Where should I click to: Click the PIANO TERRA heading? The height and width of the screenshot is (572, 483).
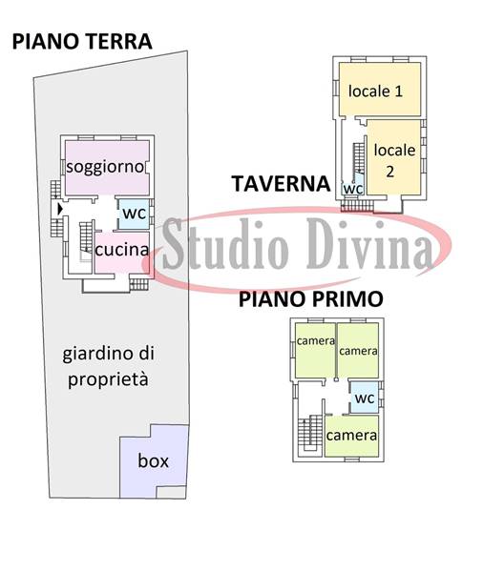pyautogui.click(x=82, y=41)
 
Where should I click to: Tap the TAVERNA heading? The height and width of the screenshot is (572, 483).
pyautogui.click(x=281, y=183)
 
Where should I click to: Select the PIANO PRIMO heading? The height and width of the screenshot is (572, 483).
pyautogui.click(x=311, y=299)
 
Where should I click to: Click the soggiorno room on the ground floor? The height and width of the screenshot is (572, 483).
pyautogui.click(x=107, y=168)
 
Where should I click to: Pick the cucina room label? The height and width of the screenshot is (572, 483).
pyautogui.click(x=122, y=250)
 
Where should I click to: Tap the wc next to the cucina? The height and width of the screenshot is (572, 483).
pyautogui.click(x=134, y=214)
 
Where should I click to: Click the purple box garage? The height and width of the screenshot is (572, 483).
pyautogui.click(x=154, y=461)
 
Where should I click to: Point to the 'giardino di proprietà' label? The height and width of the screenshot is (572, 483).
pyautogui.click(x=108, y=367)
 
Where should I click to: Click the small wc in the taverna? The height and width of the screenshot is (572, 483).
pyautogui.click(x=353, y=189)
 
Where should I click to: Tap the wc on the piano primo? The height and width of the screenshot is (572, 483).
pyautogui.click(x=365, y=398)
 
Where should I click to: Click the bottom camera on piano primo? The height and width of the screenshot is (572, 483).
pyautogui.click(x=351, y=436)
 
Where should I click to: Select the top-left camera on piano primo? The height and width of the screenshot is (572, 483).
pyautogui.click(x=315, y=350)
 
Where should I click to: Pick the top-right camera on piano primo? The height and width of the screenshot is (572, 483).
pyautogui.click(x=358, y=350)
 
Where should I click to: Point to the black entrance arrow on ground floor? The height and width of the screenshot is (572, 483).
pyautogui.click(x=60, y=209)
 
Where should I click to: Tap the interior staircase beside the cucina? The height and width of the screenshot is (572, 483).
pyautogui.click(x=86, y=237)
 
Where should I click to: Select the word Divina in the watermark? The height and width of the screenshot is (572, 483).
pyautogui.click(x=369, y=244)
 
